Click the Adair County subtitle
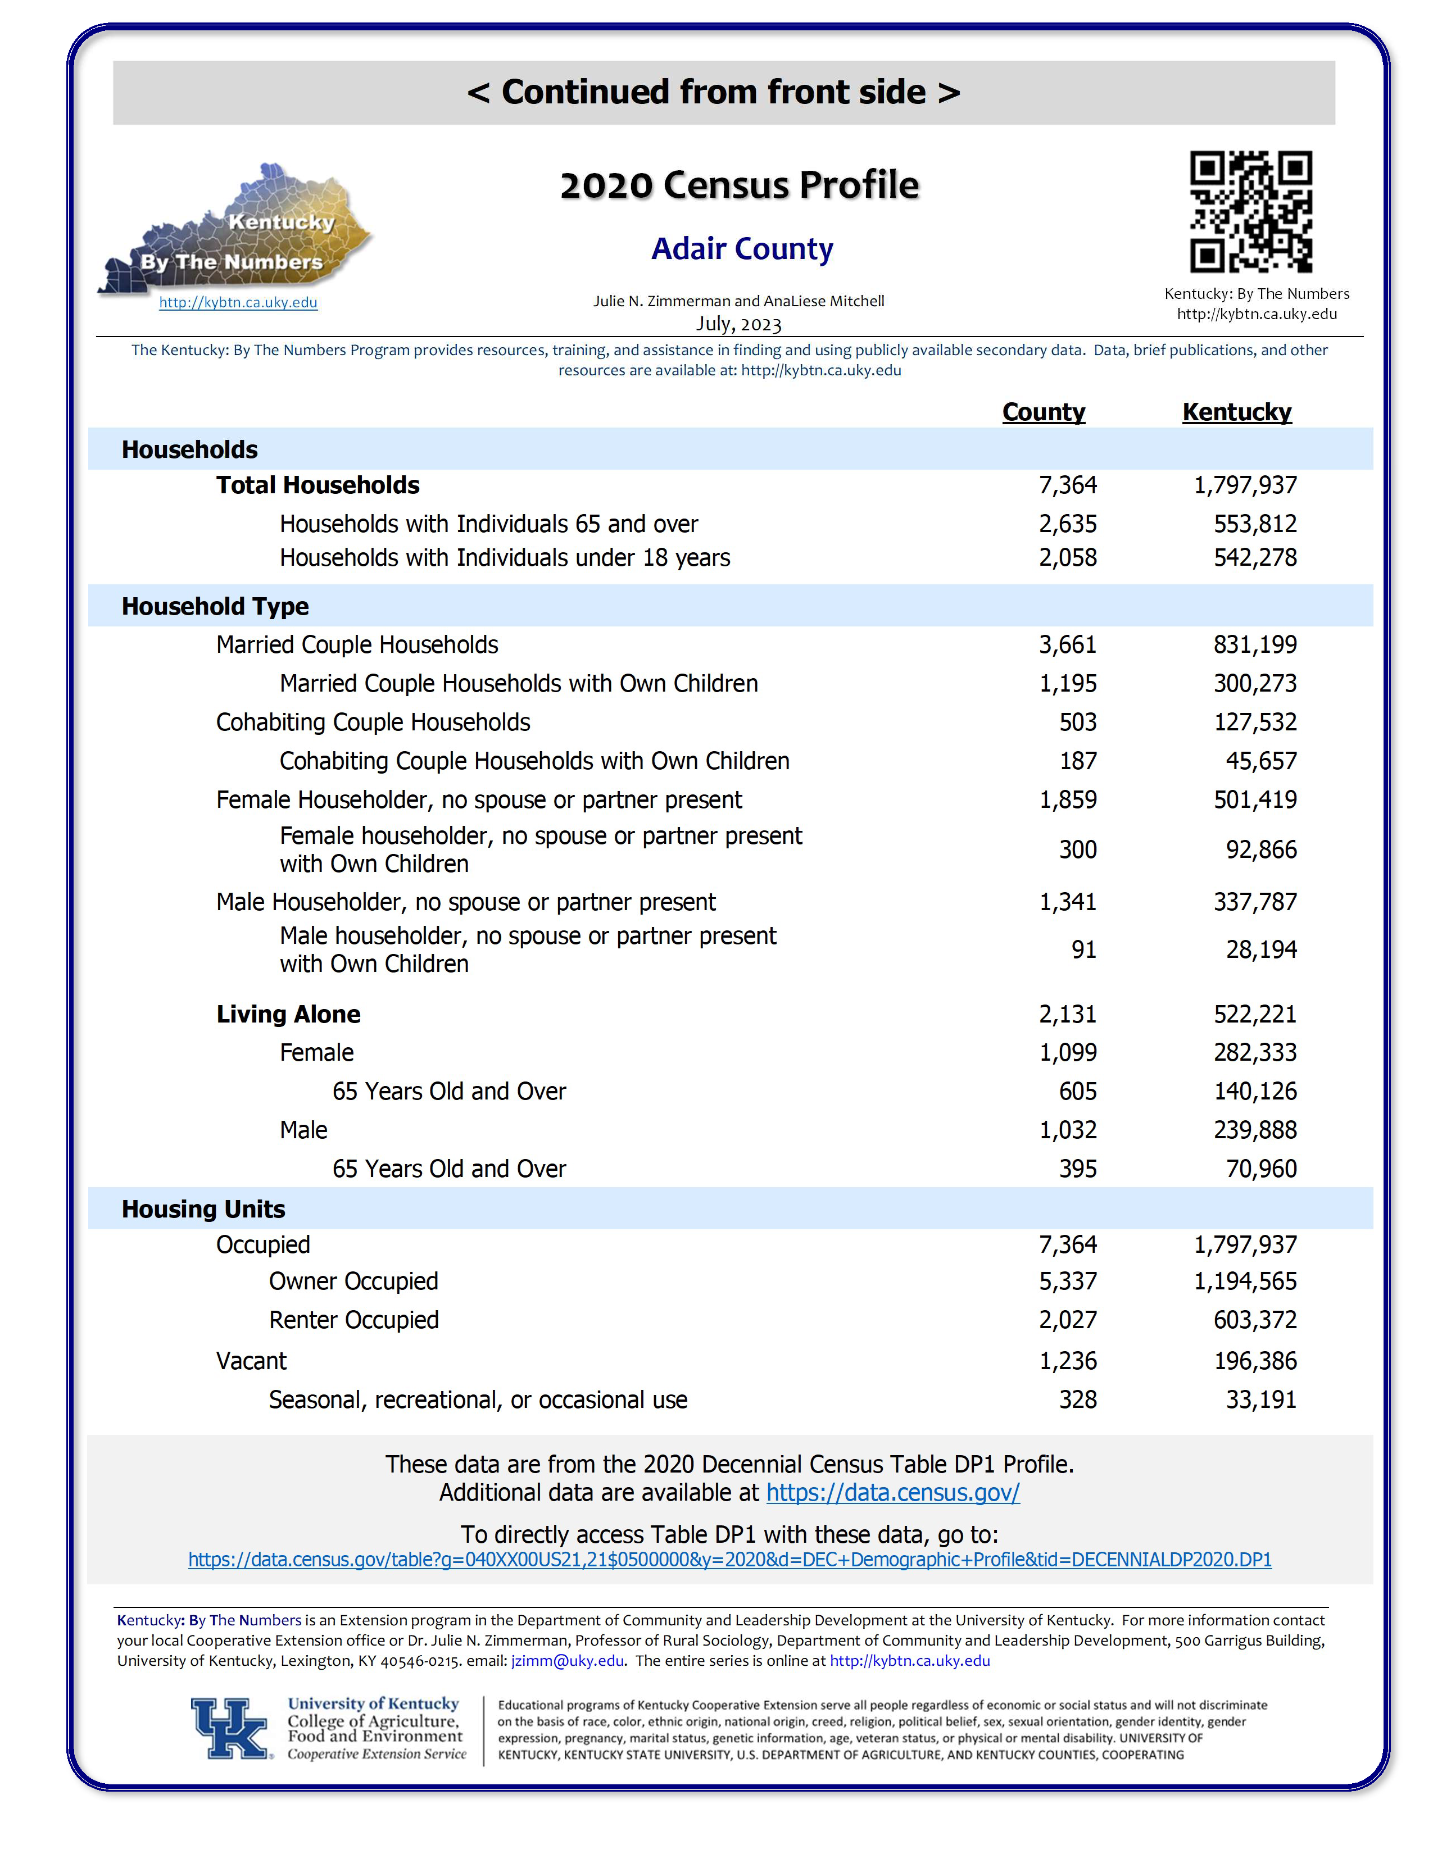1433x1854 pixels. pos(742,249)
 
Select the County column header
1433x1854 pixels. pos(1044,412)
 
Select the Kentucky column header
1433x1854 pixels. pos(1236,412)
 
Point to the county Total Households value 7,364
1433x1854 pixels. pos(1067,485)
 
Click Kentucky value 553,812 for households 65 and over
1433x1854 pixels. pos(1255,524)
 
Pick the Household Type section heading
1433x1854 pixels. pos(215,606)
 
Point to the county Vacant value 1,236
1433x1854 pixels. pos(1068,1361)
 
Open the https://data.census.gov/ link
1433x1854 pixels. pos(892,1492)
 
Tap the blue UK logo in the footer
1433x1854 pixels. pos(230,1728)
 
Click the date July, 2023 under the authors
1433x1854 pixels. pos(738,324)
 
